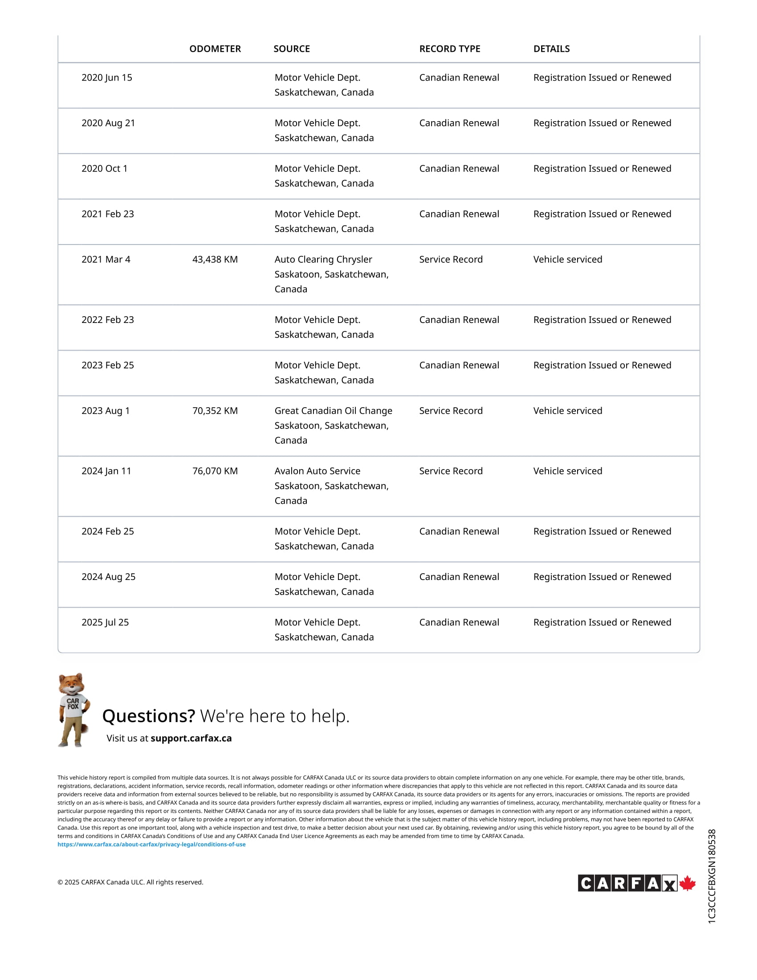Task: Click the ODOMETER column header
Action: pos(215,49)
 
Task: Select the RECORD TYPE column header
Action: pos(449,49)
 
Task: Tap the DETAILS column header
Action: pos(551,49)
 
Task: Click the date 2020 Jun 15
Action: pos(107,78)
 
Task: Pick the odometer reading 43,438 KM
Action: pos(215,259)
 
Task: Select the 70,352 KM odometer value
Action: pos(215,411)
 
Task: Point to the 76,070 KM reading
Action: pos(215,471)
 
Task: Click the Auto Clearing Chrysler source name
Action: pos(323,259)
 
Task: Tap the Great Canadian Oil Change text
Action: pos(333,411)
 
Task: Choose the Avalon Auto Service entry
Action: pos(317,471)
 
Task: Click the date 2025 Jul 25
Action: pos(105,622)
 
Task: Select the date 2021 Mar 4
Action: pos(106,259)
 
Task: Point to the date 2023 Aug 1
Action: pos(106,411)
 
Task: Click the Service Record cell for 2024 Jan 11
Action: pos(451,471)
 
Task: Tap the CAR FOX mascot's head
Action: pos(72,684)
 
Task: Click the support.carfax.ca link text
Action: pos(191,738)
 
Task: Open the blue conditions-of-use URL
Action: pos(151,844)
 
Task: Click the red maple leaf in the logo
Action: pos(687,883)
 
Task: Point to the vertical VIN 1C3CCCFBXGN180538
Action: pos(712,876)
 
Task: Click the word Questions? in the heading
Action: pos(148,716)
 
